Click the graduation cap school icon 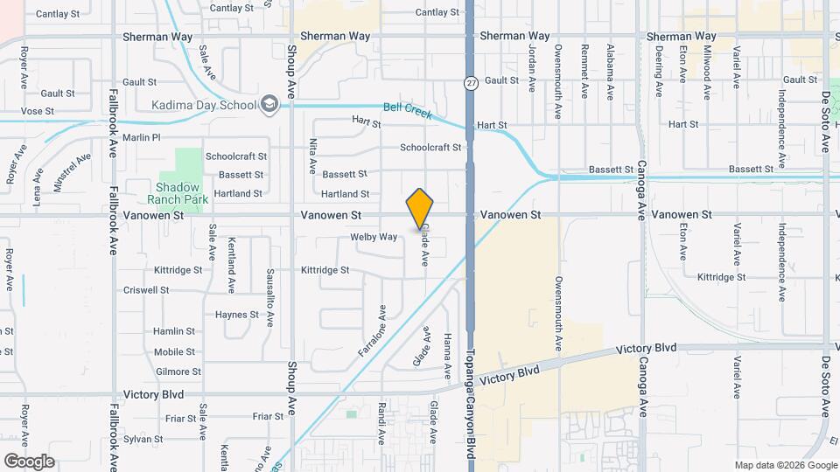point(269,105)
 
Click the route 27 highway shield point(472,83)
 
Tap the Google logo point(29,461)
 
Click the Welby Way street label point(374,237)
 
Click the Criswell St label point(146,290)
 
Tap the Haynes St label point(237,315)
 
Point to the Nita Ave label point(312,156)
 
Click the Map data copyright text point(784,465)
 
